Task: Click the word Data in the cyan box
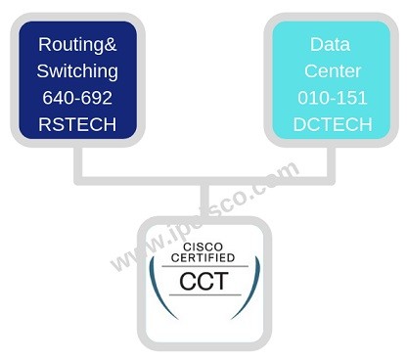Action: coord(330,44)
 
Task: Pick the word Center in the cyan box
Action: coord(330,70)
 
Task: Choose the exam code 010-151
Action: coord(330,98)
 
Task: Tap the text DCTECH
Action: coord(330,124)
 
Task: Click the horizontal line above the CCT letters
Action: coord(204,266)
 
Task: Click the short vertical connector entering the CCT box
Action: coord(204,200)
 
